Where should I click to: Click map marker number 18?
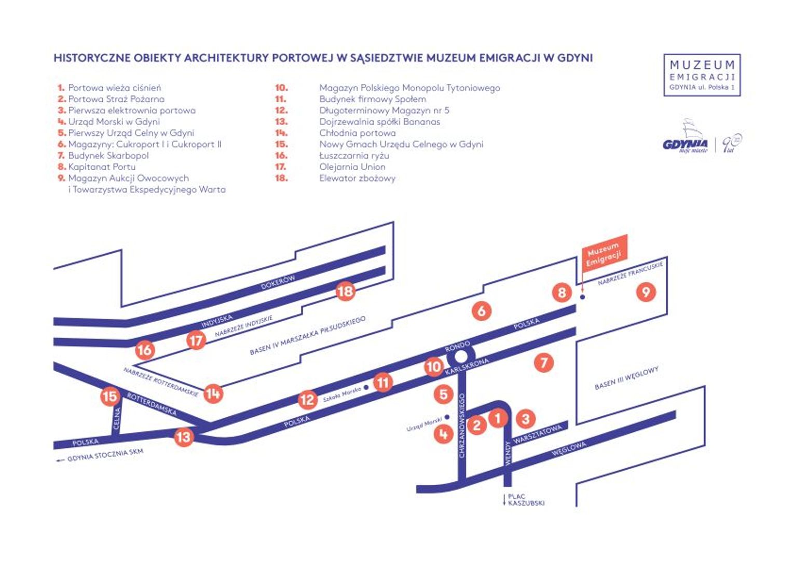point(345,291)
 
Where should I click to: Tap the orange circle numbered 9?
point(646,292)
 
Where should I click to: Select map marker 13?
point(183,437)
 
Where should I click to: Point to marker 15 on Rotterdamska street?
point(110,397)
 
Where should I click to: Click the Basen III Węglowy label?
point(626,378)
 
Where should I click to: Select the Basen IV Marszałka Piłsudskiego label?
point(307,336)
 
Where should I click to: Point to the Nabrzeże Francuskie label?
point(630,273)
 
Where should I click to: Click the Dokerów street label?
point(278,282)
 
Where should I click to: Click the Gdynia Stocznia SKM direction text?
point(104,455)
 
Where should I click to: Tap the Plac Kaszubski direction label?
point(525,500)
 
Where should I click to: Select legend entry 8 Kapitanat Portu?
point(101,167)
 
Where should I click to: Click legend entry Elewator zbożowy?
point(357,178)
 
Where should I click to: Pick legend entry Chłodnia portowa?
point(357,133)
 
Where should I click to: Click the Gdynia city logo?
point(685,144)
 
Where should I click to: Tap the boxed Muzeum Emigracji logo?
point(702,75)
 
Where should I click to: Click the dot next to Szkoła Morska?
point(366,388)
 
